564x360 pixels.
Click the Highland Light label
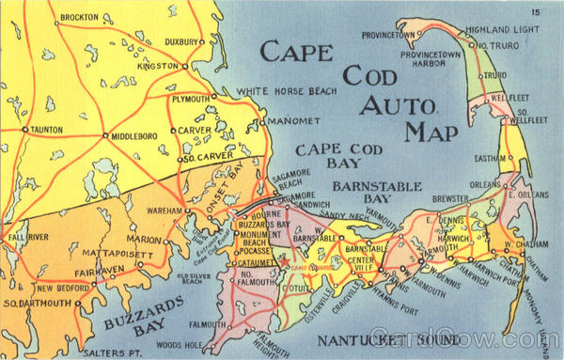[x=507, y=29]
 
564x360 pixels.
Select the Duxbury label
[x=179, y=42]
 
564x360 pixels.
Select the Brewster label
[x=450, y=199]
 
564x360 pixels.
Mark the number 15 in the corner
[x=535, y=11]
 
